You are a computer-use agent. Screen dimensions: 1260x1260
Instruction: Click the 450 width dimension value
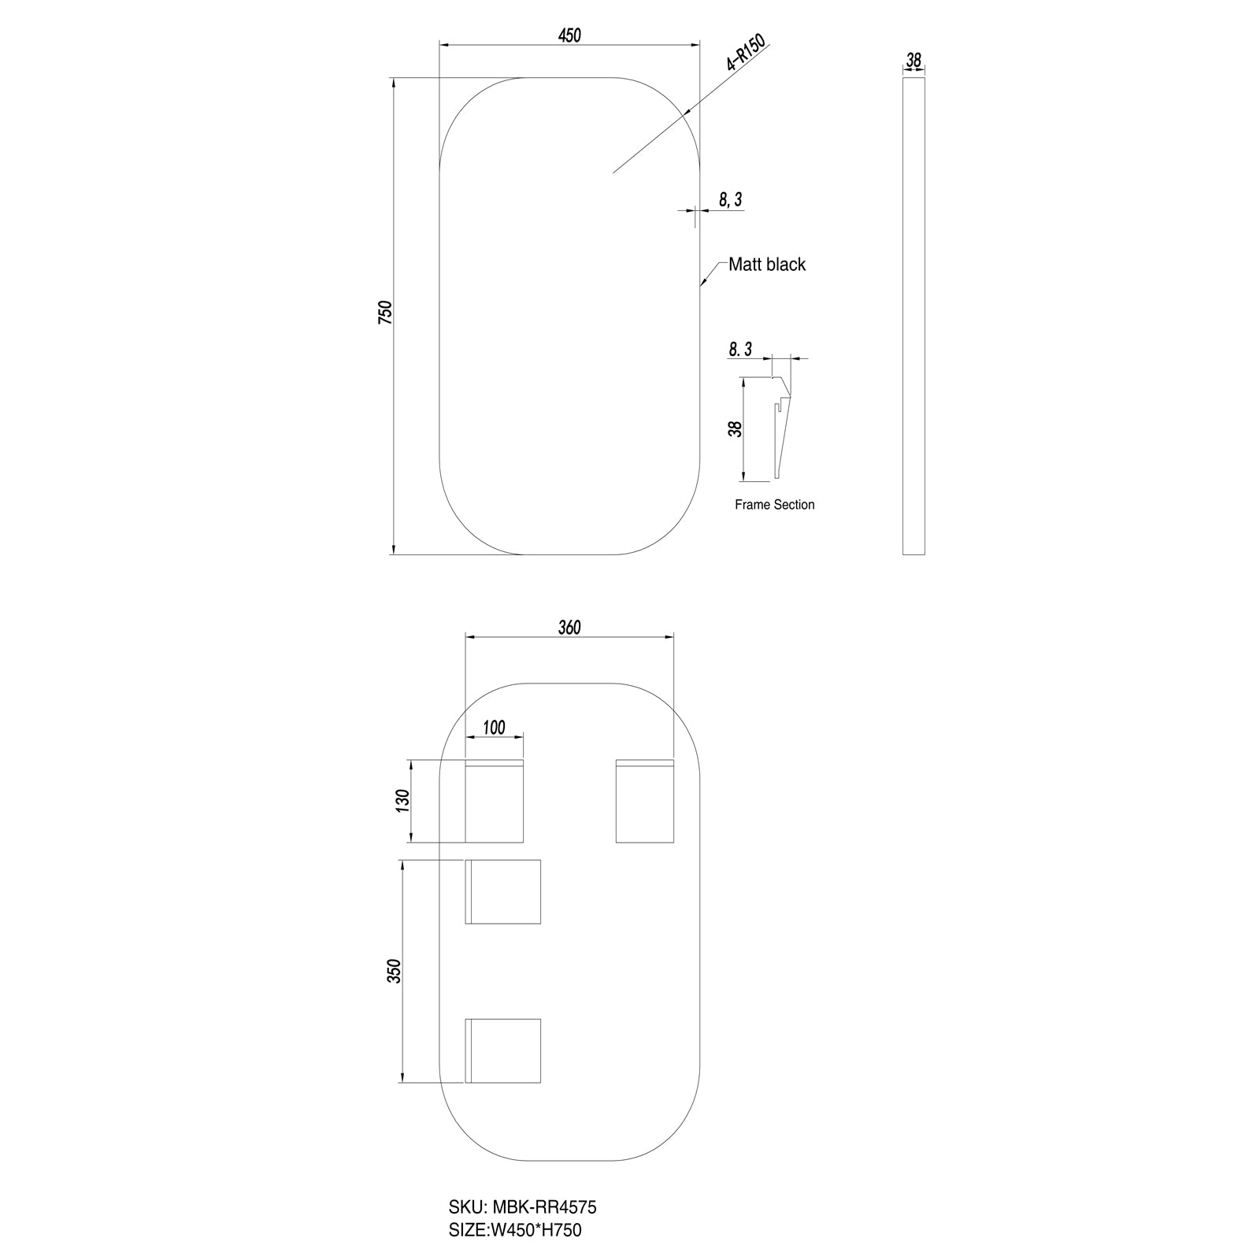coord(569,35)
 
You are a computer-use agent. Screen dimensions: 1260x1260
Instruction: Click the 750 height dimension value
coord(385,313)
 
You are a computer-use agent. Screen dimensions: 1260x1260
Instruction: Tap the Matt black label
coord(767,265)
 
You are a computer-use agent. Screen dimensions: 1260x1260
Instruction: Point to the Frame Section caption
coord(775,505)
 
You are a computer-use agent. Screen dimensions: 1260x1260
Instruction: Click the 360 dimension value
coord(569,628)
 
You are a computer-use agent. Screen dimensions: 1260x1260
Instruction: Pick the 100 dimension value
coord(494,728)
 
